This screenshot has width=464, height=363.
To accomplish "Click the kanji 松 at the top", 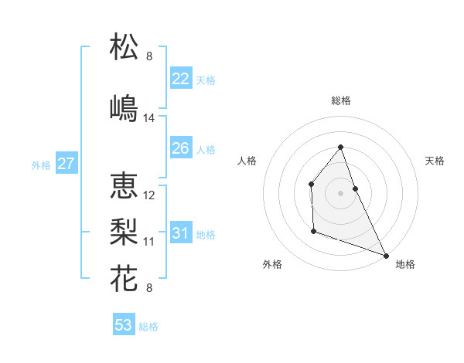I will point(125,46).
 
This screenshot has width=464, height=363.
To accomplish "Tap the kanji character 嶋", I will point(125,107).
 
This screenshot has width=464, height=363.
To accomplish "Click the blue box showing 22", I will point(180,79).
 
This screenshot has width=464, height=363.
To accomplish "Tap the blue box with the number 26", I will point(180,148).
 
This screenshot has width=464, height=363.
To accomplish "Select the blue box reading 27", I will point(66,164).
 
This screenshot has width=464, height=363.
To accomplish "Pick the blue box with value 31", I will point(180,233).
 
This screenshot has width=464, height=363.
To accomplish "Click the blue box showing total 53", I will point(124,325).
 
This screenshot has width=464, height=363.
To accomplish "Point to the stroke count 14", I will point(149,118).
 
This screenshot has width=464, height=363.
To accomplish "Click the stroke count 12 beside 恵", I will point(149,195).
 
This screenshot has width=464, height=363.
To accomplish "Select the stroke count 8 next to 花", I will point(148,288).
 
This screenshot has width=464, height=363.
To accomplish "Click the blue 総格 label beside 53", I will point(148,327).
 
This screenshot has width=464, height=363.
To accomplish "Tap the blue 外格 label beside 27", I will point(41,165).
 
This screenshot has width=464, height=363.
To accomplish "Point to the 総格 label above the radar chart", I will point(340,100).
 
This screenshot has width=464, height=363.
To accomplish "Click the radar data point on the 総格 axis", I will point(340,147).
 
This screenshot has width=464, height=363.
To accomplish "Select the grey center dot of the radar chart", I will point(340,192).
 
